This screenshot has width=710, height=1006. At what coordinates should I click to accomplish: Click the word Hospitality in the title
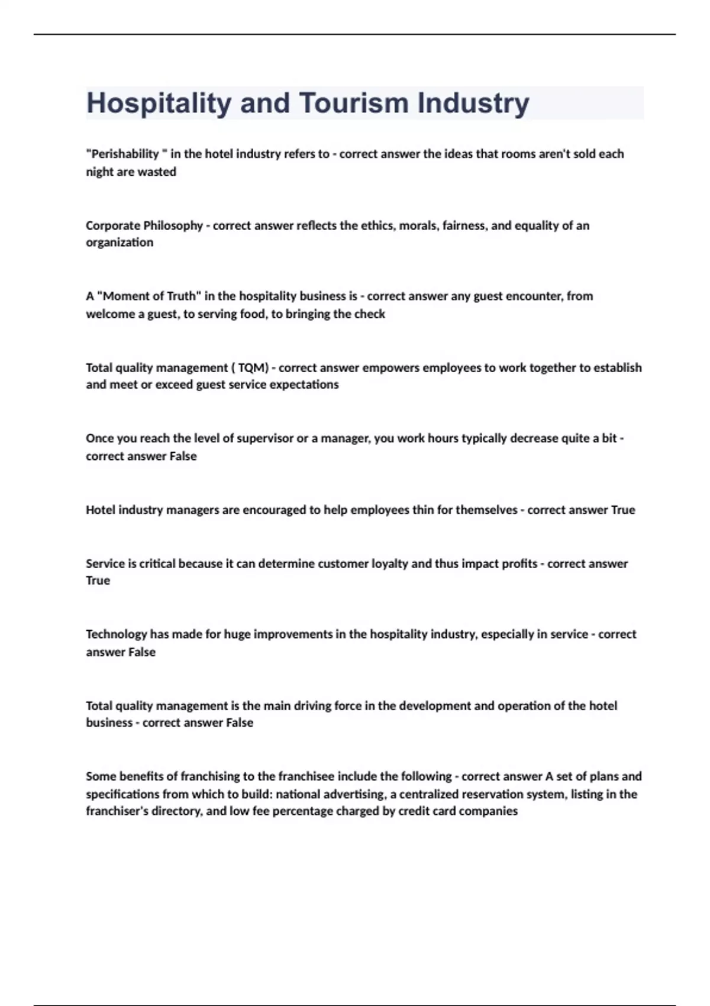159,104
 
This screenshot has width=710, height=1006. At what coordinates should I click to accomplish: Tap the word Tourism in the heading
354,104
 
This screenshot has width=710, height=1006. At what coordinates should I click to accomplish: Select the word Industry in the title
473,104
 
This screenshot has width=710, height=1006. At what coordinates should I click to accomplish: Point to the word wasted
157,172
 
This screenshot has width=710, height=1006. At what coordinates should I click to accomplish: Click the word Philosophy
173,225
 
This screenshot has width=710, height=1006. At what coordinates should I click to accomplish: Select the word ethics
379,225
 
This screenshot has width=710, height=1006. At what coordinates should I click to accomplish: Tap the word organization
120,243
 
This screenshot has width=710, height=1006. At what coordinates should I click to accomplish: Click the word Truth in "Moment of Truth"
180,296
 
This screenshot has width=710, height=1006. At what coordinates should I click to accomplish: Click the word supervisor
265,438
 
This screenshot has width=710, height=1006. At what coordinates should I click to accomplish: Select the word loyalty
389,563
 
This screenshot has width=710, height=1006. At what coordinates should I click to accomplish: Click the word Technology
116,634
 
